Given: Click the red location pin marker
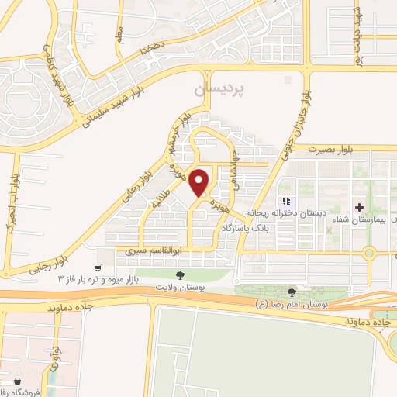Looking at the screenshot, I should click(x=200, y=181).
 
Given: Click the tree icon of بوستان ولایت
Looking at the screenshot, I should click(x=179, y=275).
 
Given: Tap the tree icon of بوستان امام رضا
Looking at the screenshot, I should click(x=292, y=292).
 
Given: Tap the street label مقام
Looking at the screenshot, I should click(x=120, y=35).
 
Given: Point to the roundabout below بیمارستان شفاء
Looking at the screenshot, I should click(x=369, y=251).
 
